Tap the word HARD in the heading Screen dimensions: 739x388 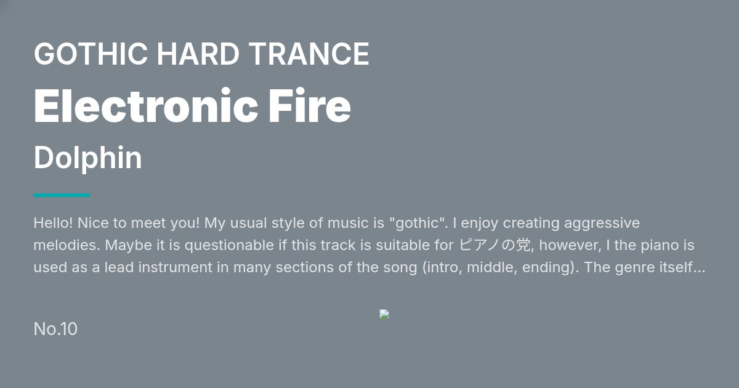[x=198, y=54]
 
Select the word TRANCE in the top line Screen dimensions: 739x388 [x=309, y=54]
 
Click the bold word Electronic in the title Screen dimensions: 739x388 [x=146, y=106]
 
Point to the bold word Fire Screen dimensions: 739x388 [x=309, y=106]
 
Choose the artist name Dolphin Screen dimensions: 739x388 [x=87, y=158]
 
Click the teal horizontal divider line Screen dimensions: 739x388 [x=62, y=195]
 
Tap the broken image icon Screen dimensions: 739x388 [x=384, y=314]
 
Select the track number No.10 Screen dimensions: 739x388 [x=55, y=329]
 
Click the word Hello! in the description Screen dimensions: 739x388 [x=53, y=223]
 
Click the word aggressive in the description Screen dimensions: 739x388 [x=602, y=224]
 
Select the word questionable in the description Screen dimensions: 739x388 [x=229, y=246]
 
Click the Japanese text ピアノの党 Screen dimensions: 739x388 [x=495, y=245]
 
